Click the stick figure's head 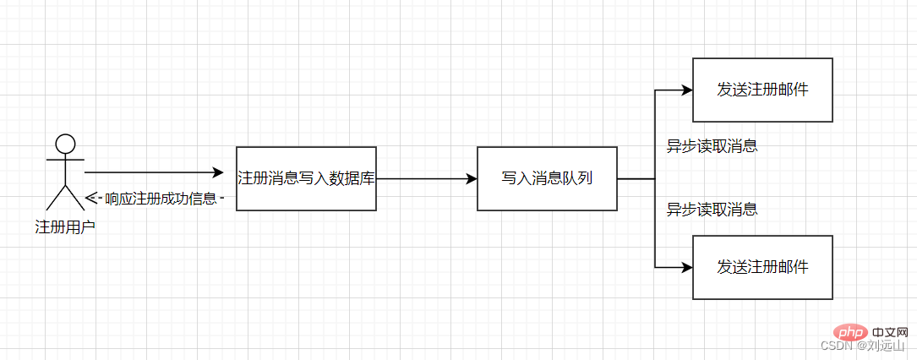tap(65, 143)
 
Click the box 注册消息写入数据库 tap(306, 178)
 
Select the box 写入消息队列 tap(547, 178)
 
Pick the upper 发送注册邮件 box tap(762, 90)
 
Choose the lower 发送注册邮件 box tap(762, 267)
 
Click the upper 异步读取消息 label tap(712, 146)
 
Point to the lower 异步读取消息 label tap(712, 209)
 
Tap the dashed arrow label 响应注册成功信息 tap(161, 199)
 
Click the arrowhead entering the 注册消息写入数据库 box tap(229, 172)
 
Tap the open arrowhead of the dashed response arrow tap(91, 199)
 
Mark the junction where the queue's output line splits tap(655, 179)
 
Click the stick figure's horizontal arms tap(65, 159)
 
